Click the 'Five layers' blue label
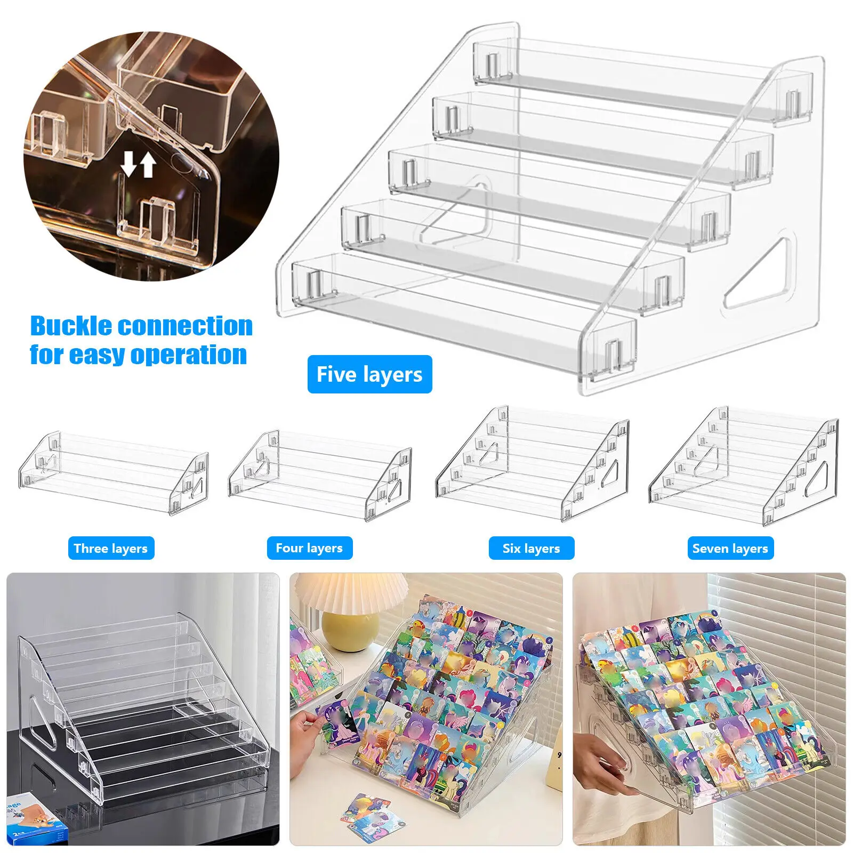(369, 374)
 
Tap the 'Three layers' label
(111, 548)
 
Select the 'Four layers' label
(309, 548)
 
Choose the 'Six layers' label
(531, 548)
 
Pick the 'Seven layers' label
(730, 548)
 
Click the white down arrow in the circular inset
(128, 164)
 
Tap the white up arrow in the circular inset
(148, 165)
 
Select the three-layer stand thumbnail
(113, 473)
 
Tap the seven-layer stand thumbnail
(743, 465)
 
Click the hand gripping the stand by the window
(602, 762)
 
